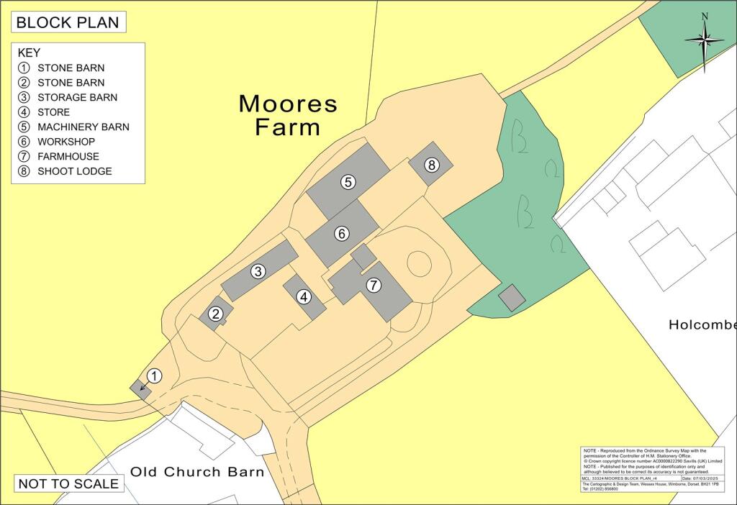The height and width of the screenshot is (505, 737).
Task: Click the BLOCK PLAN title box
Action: (x=68, y=22)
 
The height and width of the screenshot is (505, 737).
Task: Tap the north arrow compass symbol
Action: (x=705, y=40)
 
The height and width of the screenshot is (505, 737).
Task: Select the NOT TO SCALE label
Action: (x=68, y=483)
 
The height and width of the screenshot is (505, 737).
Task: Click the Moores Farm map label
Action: (x=288, y=115)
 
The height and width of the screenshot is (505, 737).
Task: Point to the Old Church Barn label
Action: (x=197, y=473)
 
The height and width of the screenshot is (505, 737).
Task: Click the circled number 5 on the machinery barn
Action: (x=348, y=182)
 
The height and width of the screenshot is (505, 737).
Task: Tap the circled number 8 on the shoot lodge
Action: (x=431, y=165)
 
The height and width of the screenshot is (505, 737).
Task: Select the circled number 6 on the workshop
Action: (x=342, y=233)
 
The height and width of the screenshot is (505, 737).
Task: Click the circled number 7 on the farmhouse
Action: (x=373, y=286)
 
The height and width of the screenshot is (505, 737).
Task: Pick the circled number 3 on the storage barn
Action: (x=258, y=271)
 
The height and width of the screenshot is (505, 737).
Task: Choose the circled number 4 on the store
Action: (x=304, y=296)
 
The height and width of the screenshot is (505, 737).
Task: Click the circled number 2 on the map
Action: (x=215, y=314)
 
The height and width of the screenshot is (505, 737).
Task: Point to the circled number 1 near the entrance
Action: (x=154, y=376)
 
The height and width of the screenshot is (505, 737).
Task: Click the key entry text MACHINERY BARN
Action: (x=83, y=127)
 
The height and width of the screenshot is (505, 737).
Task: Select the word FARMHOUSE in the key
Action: (x=68, y=156)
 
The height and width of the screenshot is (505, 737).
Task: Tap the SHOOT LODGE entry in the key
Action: (x=75, y=171)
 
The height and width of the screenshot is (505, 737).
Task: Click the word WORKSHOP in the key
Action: (x=66, y=142)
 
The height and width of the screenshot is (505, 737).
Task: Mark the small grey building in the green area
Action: (x=512, y=298)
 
